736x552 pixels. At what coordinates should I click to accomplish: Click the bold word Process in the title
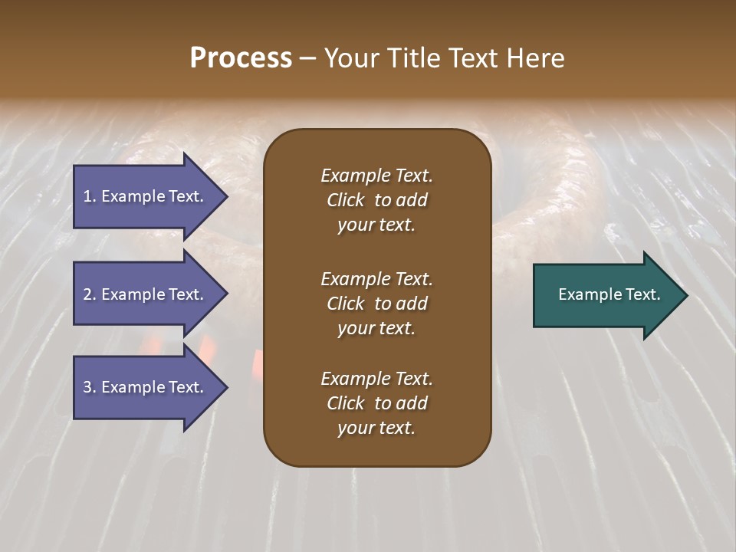(x=241, y=58)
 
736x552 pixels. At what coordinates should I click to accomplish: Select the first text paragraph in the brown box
(x=376, y=200)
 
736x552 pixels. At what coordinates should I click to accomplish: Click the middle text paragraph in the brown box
(x=376, y=304)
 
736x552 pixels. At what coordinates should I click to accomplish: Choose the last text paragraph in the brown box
(x=376, y=403)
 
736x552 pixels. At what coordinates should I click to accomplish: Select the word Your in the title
(x=349, y=58)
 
